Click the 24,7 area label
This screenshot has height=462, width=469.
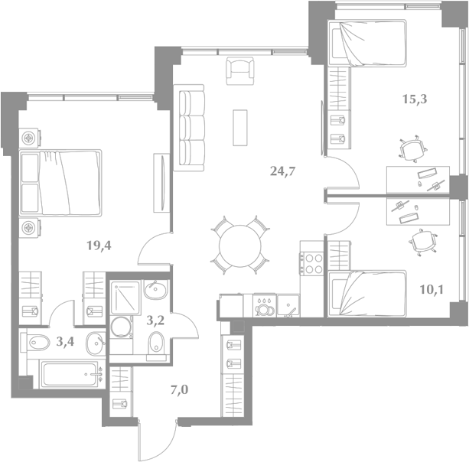point(282,171)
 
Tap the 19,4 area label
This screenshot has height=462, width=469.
point(99,246)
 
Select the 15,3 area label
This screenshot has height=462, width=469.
point(415,99)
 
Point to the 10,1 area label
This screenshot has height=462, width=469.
point(432,289)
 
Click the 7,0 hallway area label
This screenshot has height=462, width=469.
point(180,389)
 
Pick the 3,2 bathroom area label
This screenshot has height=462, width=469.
point(155,320)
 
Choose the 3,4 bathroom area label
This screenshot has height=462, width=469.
point(65,341)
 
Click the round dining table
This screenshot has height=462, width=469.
point(240,246)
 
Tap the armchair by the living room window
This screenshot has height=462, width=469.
point(240,71)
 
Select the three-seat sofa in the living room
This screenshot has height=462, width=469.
point(189,128)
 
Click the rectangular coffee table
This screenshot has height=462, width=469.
point(240,128)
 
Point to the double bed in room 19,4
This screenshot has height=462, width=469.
point(60,183)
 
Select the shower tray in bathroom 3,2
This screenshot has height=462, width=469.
point(125,298)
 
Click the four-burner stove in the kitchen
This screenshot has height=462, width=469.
point(311,264)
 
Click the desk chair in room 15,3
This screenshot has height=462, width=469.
point(413,149)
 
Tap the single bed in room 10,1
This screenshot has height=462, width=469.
point(367,294)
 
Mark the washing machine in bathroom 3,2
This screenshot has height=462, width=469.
point(121,327)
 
